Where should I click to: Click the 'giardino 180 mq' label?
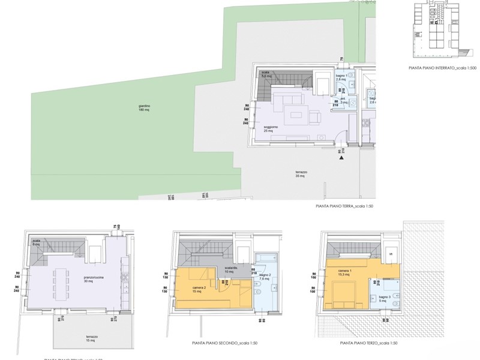point(143,109)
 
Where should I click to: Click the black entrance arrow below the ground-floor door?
point(341,158)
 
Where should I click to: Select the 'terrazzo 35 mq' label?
point(301,174)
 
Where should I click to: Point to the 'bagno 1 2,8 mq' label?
point(341,77)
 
